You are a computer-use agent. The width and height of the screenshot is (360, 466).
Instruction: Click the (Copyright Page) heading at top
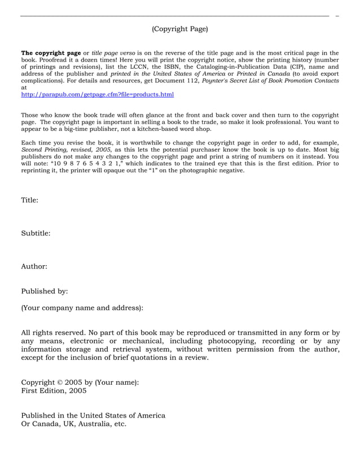[179, 29]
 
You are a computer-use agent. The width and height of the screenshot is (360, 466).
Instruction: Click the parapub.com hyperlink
[97, 95]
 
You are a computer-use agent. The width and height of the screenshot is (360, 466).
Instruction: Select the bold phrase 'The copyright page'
[51, 52]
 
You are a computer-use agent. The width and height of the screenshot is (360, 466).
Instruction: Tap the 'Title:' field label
[29, 200]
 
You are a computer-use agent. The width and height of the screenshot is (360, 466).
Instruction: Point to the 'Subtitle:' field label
[36, 232]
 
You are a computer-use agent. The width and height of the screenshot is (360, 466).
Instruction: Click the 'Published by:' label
[45, 291]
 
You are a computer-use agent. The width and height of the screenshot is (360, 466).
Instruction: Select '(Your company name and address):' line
[82, 308]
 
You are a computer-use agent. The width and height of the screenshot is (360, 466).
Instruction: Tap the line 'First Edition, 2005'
[54, 390]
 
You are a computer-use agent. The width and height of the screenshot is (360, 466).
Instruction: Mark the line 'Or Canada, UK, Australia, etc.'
[74, 424]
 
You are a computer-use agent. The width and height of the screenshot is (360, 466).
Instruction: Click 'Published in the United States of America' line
[93, 415]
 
